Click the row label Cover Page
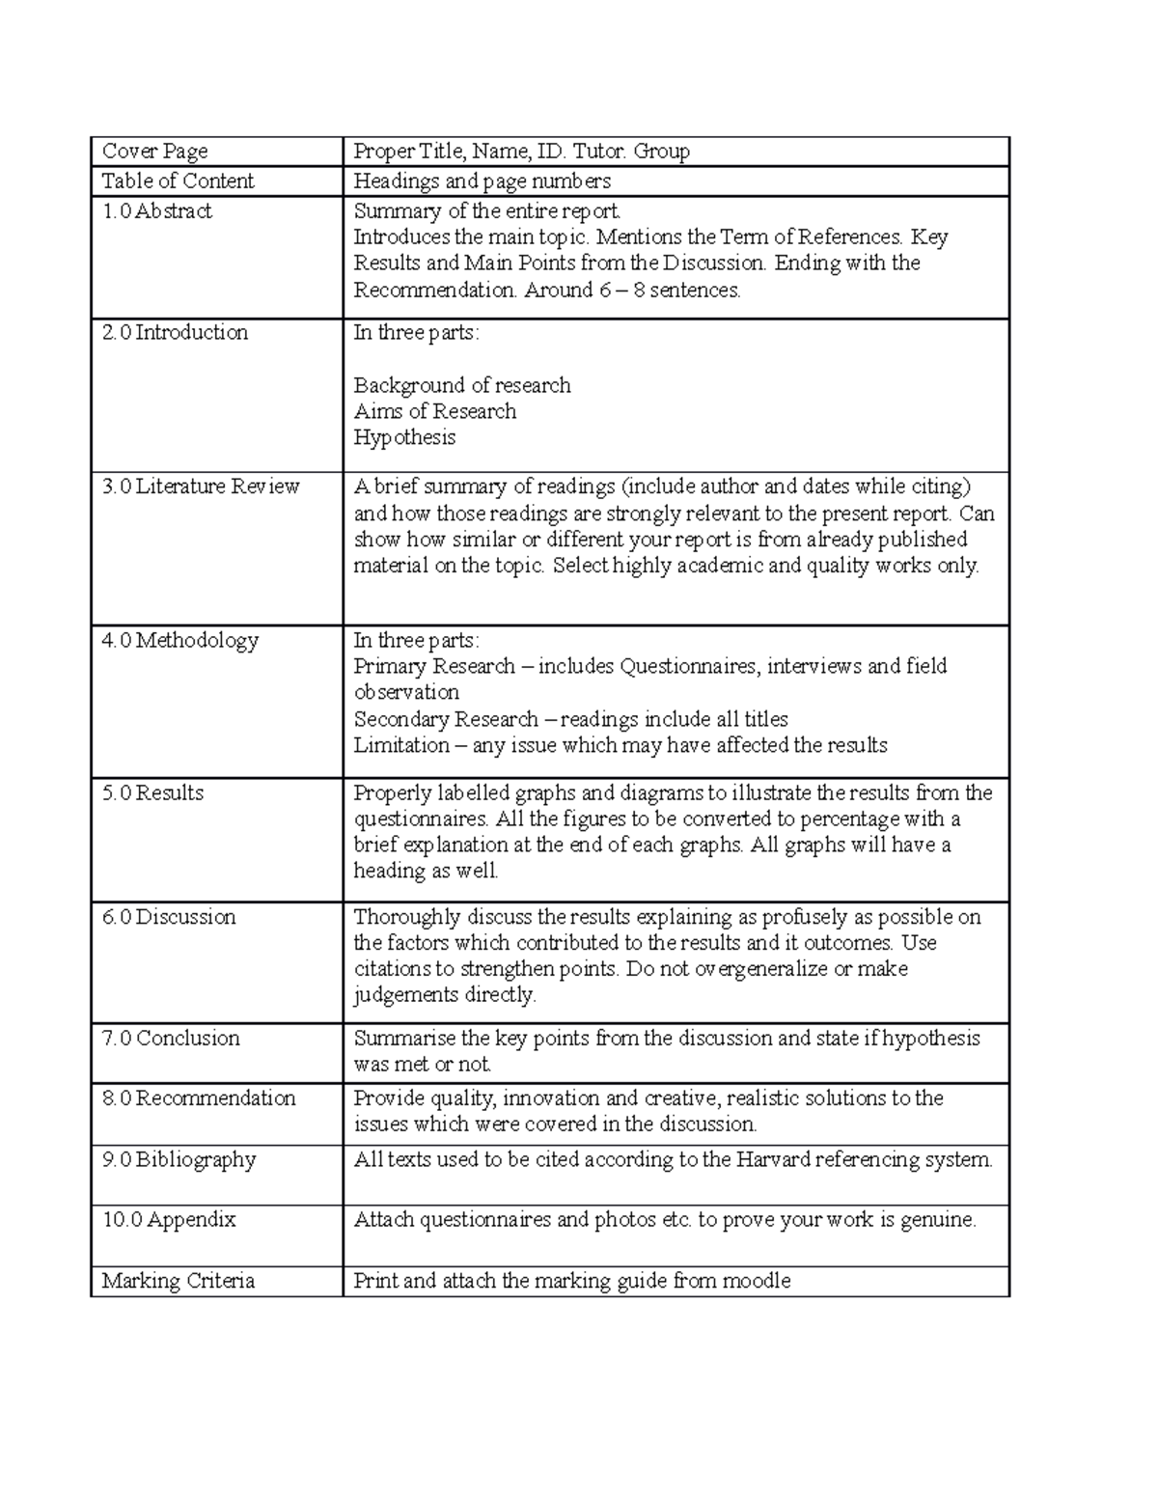(154, 152)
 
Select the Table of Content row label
(178, 181)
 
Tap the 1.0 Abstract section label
(156, 211)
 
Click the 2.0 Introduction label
(175, 333)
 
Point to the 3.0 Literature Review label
(201, 486)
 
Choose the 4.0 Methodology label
(180, 641)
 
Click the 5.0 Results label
(152, 793)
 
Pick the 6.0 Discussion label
(169, 917)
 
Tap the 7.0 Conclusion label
(171, 1039)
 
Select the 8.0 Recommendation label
(199, 1098)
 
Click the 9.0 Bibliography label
(179, 1160)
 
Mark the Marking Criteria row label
(179, 1282)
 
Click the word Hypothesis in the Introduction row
(404, 438)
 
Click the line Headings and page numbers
(482, 181)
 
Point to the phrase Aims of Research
(434, 412)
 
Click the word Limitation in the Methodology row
(400, 746)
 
